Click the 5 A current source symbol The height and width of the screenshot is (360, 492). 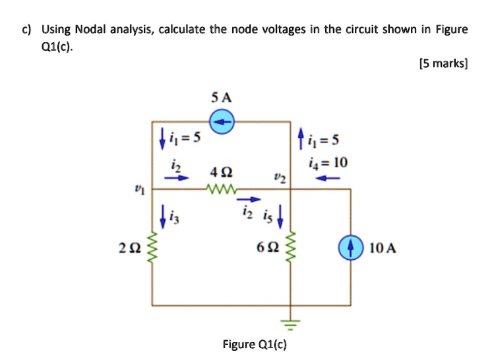coord(223,122)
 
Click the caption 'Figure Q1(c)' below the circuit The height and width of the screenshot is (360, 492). coord(254,344)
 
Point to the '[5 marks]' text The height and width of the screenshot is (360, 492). coord(443,64)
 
